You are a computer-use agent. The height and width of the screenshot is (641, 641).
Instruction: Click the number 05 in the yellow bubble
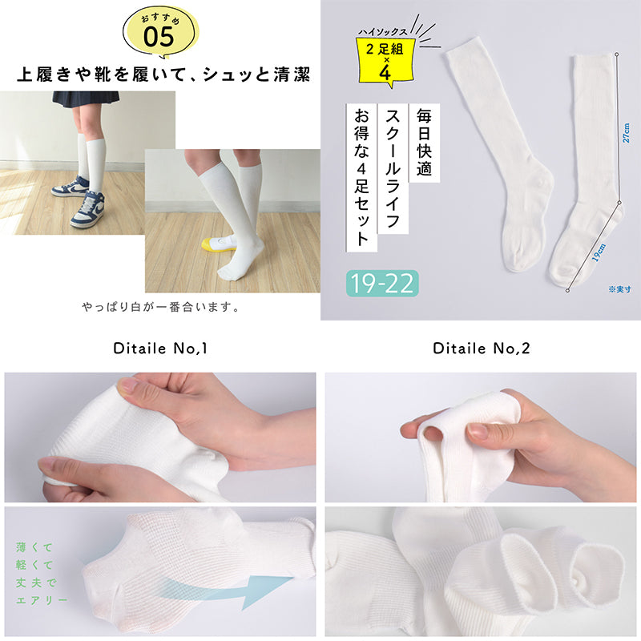[x=159, y=37]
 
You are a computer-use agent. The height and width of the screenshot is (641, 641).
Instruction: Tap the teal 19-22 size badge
[x=382, y=283]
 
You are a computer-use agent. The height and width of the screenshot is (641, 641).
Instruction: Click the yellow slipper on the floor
[x=219, y=244]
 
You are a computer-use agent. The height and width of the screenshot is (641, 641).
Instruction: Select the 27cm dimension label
[x=626, y=133]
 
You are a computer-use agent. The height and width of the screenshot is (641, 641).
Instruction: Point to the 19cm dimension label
[x=599, y=252]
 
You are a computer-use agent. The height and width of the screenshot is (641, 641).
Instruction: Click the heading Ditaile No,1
[x=160, y=349]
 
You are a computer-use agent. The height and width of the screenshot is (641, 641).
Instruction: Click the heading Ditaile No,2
[x=482, y=349]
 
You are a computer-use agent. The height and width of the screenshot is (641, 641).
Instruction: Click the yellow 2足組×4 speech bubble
[x=386, y=62]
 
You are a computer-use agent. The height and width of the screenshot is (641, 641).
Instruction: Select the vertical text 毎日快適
[x=425, y=143]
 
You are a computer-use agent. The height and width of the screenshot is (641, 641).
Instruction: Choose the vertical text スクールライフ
[x=393, y=168]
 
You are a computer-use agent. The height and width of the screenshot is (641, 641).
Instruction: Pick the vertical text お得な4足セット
[x=361, y=177]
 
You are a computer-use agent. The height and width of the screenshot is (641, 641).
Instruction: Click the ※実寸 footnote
[x=619, y=289]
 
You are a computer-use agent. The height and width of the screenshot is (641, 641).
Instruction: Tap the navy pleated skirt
[x=86, y=99]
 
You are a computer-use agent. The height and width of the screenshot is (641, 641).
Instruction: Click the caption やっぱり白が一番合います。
[x=162, y=307]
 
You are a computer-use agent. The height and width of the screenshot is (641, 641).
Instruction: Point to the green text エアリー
[x=42, y=600]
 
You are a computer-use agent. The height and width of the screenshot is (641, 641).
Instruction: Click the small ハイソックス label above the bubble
[x=383, y=31]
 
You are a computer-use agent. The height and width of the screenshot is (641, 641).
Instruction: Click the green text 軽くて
[x=34, y=565]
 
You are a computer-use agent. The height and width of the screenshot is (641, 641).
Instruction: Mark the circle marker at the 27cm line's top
[x=616, y=54]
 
